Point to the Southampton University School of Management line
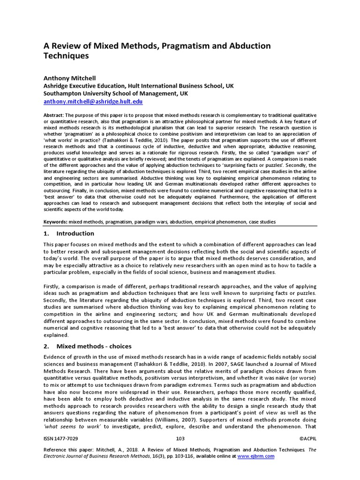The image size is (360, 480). tap(116, 94)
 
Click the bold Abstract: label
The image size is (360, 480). tap(53, 115)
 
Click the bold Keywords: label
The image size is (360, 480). tap(56, 221)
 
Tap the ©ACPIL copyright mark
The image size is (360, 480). tap(307, 438)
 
